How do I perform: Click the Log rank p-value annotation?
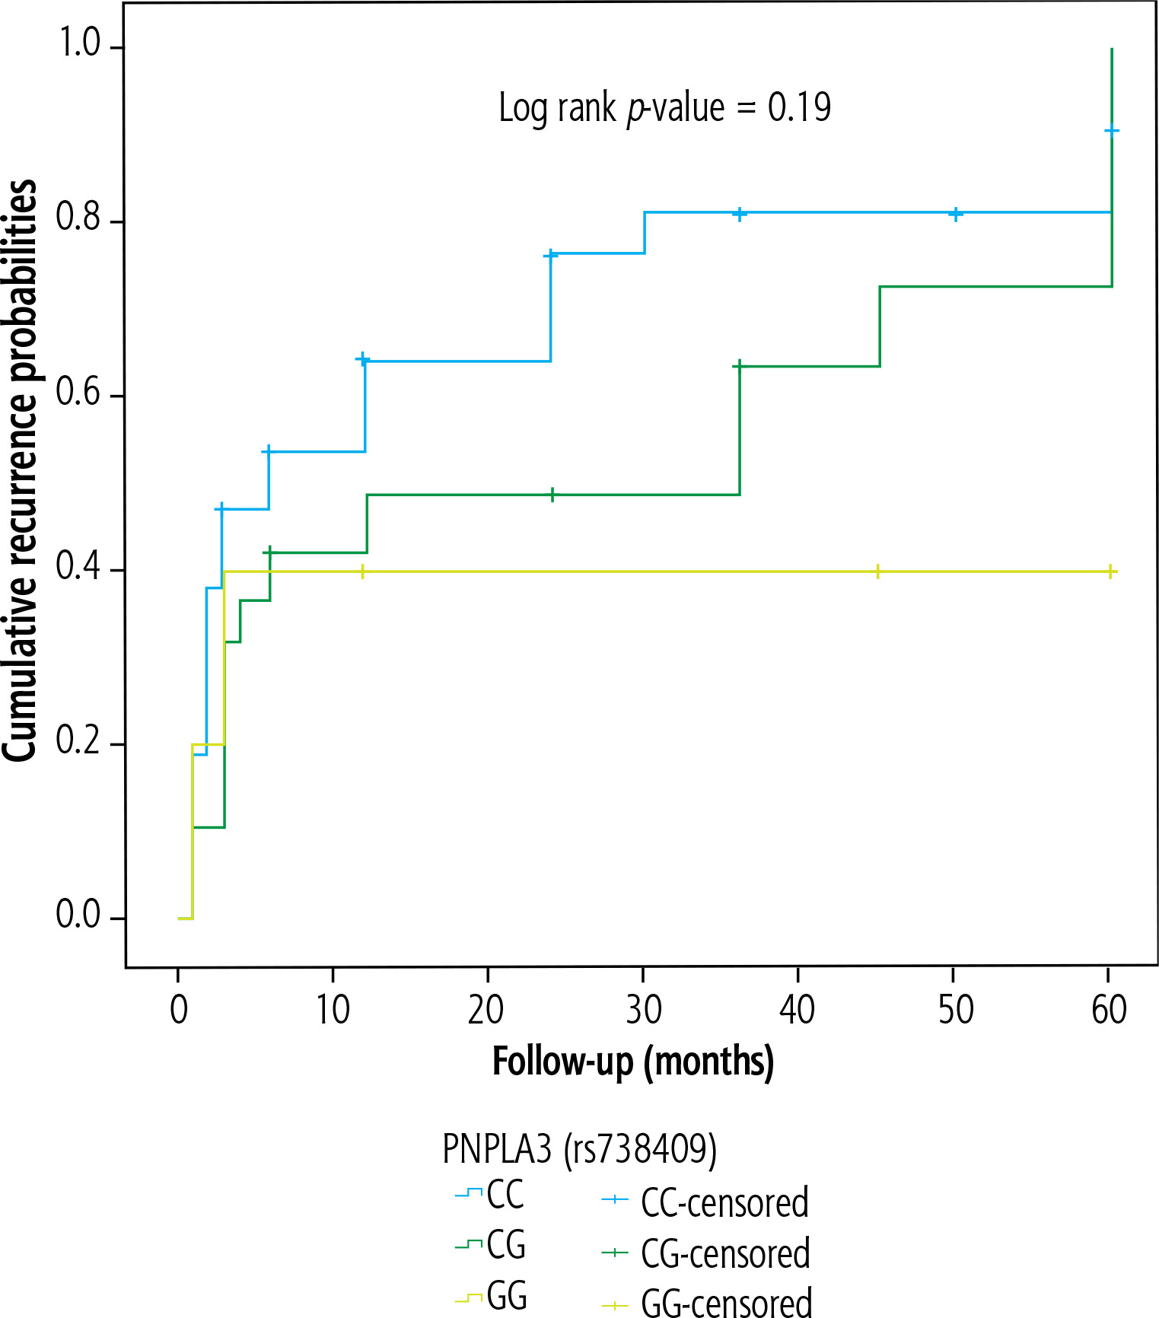(x=664, y=108)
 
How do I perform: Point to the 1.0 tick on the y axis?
(x=81, y=45)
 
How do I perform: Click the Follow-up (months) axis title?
(x=633, y=1062)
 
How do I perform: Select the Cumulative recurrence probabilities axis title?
(x=20, y=470)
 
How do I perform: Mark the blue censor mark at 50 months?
(x=956, y=214)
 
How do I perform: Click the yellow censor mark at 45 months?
(x=878, y=571)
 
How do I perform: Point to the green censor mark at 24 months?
(x=552, y=495)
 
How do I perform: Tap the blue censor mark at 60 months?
(x=1111, y=131)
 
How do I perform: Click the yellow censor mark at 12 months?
(x=362, y=571)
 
